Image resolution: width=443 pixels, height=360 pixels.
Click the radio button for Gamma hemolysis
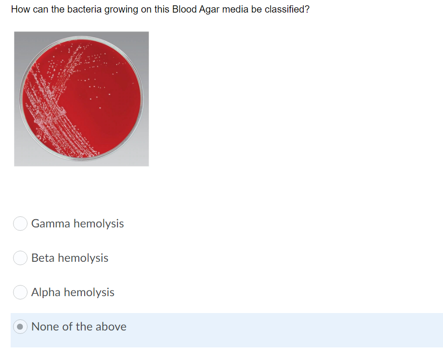[20, 224]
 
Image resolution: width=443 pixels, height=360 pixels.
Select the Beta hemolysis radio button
[20, 258]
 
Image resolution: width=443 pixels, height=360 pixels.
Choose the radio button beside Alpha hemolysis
[20, 292]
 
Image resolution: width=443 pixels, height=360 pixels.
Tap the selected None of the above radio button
[20, 327]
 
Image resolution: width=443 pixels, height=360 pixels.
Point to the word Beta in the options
[42, 258]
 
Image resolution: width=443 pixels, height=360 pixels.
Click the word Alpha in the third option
[46, 292]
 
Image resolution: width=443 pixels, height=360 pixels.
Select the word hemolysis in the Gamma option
[99, 224]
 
